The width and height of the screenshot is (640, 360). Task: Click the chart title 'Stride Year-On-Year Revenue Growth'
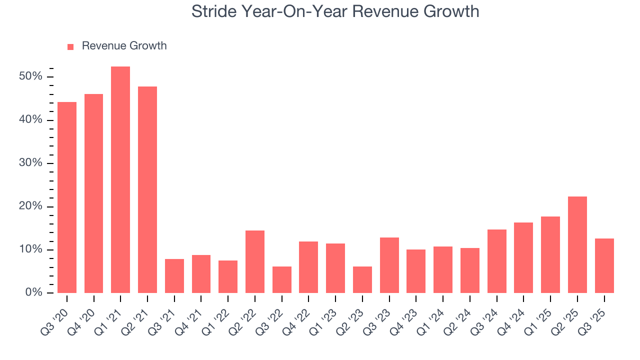[x=335, y=11]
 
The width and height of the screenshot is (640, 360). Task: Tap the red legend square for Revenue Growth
[x=70, y=46]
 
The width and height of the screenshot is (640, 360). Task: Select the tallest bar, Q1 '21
[x=120, y=180]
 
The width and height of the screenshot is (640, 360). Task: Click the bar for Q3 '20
[x=67, y=197]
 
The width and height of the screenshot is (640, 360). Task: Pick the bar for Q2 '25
[x=577, y=245]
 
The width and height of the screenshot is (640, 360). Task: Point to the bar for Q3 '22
[x=281, y=280]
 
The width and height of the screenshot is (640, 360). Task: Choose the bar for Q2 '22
[x=255, y=262]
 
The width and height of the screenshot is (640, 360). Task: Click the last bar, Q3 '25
[x=604, y=266]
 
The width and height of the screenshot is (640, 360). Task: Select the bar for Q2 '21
[x=147, y=190]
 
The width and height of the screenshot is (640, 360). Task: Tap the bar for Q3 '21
[x=174, y=276]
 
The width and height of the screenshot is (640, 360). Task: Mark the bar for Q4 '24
[x=523, y=258]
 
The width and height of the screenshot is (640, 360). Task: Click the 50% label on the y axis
[x=30, y=77]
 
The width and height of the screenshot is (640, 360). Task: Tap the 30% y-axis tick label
[x=30, y=163]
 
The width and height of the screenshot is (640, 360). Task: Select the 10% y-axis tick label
[x=30, y=250]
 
